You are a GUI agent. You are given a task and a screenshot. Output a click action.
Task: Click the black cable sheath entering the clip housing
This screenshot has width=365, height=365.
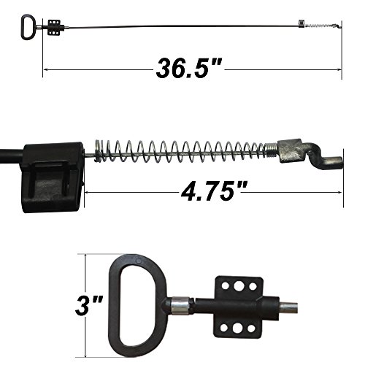click(x=10, y=155)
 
